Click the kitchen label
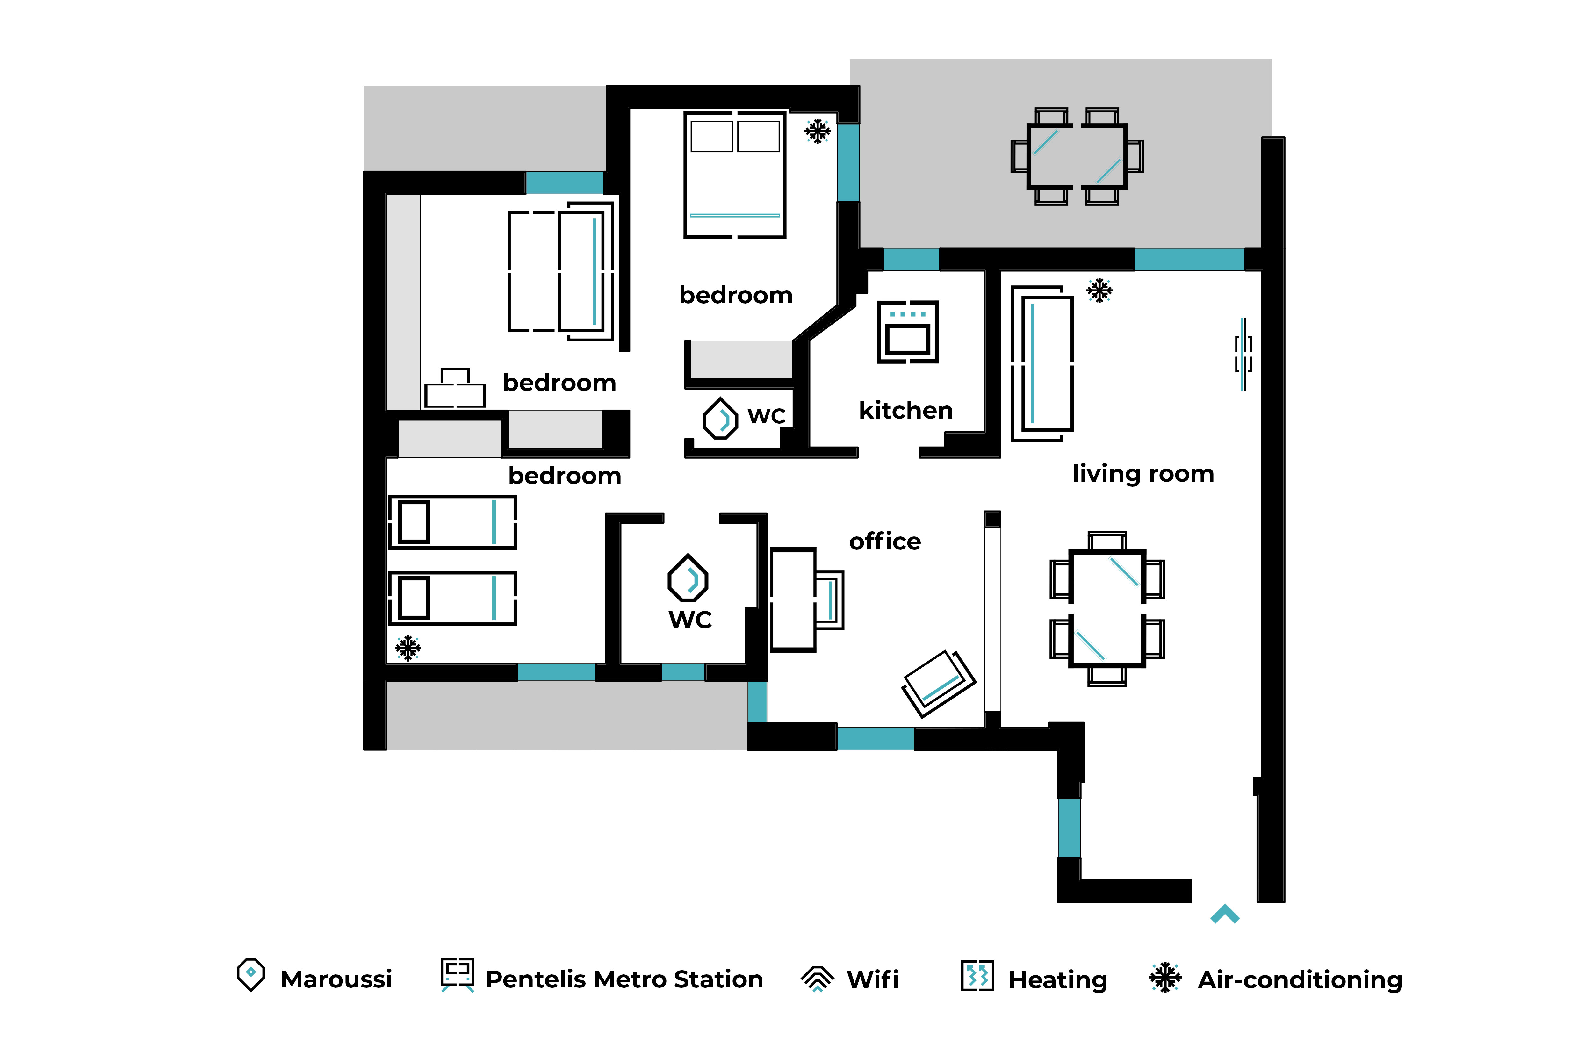click(x=905, y=411)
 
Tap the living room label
click(x=1143, y=473)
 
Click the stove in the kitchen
click(x=908, y=332)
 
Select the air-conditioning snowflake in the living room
click(x=1099, y=291)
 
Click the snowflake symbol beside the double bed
click(x=818, y=131)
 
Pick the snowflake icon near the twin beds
click(x=408, y=648)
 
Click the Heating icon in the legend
click(x=977, y=976)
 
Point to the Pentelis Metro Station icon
click(x=457, y=975)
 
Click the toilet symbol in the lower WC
click(x=688, y=578)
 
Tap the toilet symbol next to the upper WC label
click(x=720, y=419)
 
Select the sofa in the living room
click(x=1042, y=363)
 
